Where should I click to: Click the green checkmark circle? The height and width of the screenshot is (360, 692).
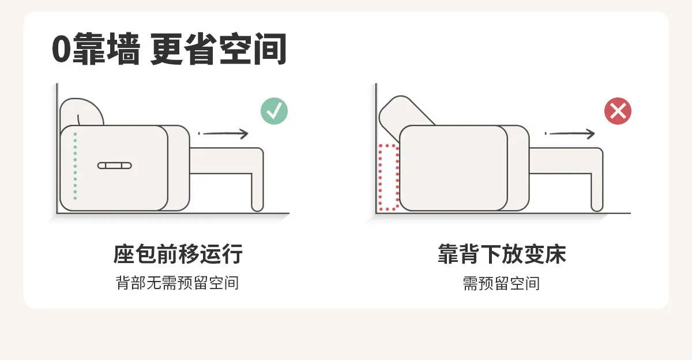[274, 111]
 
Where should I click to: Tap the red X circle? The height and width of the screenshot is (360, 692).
[618, 111]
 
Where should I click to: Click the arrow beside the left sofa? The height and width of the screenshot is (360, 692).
[223, 133]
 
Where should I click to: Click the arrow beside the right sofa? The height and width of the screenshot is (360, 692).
[570, 133]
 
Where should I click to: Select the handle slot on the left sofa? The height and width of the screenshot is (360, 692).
[115, 166]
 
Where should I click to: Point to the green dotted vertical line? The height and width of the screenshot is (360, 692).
[75, 166]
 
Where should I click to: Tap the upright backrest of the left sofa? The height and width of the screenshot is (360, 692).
[81, 111]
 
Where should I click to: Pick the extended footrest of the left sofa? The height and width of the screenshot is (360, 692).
[227, 161]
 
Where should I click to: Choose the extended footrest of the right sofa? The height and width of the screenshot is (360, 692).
[566, 161]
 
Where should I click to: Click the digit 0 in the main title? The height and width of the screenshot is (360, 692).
[62, 49]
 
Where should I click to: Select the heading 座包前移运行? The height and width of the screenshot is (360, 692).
[178, 254]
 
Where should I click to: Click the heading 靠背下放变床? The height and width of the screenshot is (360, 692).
[502, 254]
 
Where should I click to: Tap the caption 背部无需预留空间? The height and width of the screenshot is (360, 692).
[178, 283]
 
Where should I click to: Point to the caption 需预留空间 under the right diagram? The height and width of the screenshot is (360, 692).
[501, 283]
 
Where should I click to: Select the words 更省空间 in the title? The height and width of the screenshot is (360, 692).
[219, 49]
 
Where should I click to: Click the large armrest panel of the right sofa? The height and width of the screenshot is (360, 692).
[453, 168]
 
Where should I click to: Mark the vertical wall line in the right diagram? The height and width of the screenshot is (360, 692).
[376, 148]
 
